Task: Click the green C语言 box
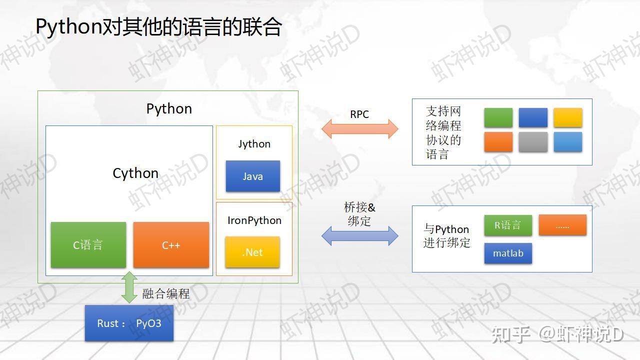88,245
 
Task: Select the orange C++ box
171,245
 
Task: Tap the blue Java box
252,176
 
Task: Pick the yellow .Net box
252,252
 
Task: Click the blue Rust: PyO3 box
129,323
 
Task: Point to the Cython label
135,173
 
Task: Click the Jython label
254,144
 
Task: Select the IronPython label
254,220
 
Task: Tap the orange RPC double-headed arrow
359,129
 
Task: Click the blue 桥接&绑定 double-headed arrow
359,235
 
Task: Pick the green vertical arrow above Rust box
129,287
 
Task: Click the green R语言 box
507,225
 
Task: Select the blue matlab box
508,253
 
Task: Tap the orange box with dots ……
562,225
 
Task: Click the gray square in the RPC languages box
533,142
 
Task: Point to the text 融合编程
166,293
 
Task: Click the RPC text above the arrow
359,114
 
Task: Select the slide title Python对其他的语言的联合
159,27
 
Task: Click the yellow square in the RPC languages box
567,117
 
